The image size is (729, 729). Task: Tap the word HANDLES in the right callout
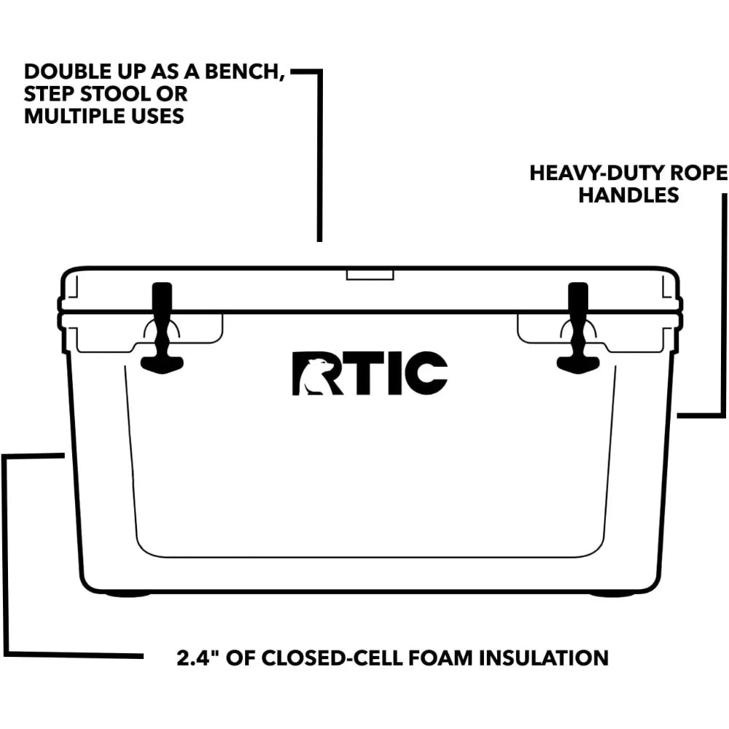[x=628, y=195]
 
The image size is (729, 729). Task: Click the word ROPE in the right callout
[x=701, y=174]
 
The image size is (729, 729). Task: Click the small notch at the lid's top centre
[x=370, y=275]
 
